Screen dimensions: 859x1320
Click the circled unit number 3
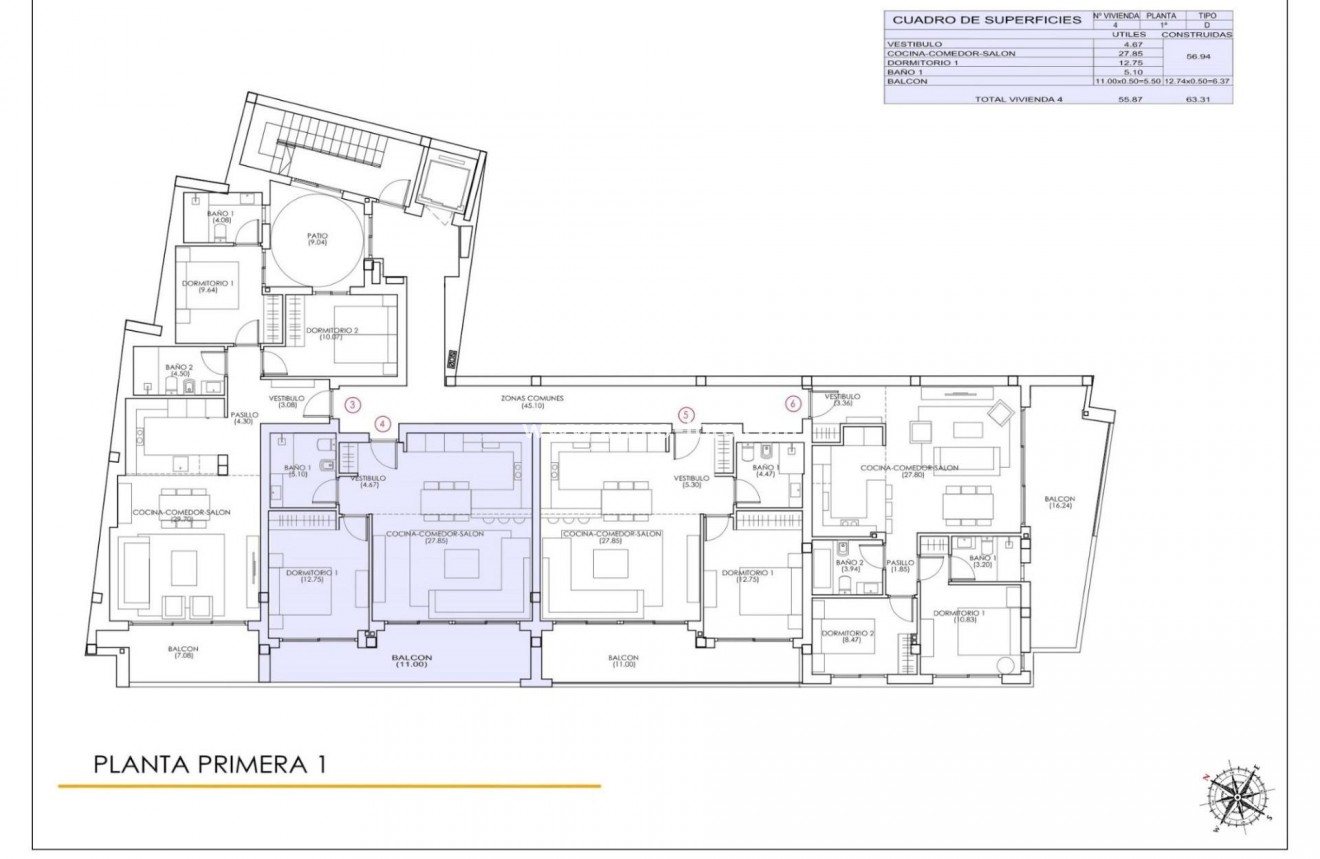352,405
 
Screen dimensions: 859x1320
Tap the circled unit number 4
383,424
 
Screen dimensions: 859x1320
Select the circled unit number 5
685,414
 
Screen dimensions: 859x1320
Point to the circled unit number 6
793,404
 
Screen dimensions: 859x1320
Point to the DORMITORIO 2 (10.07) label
332,333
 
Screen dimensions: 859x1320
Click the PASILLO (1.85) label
900,565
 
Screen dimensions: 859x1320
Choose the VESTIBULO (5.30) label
691,481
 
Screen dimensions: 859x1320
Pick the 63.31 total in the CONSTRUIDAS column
1198,100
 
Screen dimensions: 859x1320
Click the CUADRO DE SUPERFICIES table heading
987,20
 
